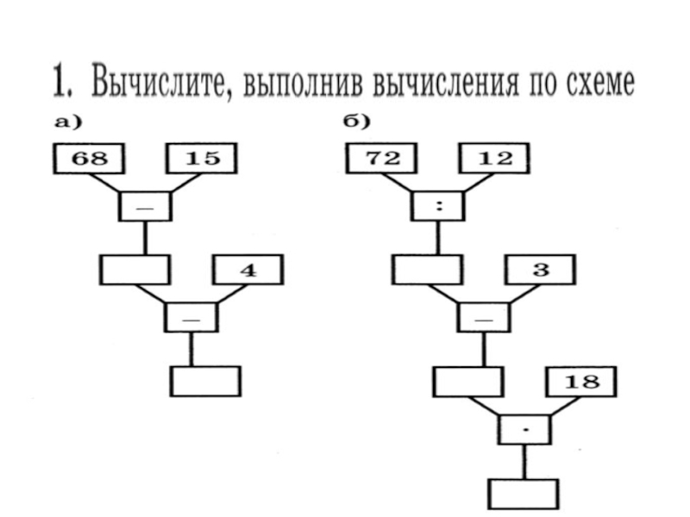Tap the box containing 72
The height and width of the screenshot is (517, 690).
click(380, 159)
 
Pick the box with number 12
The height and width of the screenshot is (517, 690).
click(493, 159)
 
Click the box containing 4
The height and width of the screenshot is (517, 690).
click(248, 270)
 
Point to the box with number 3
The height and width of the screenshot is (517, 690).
click(540, 270)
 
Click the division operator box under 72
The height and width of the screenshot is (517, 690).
click(439, 206)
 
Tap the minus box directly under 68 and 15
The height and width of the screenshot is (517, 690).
click(145, 206)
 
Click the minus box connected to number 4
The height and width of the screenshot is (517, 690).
click(191, 316)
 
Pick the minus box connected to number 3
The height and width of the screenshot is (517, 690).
click(484, 316)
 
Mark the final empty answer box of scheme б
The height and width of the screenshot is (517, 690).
click(524, 493)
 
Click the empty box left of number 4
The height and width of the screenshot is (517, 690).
click(135, 270)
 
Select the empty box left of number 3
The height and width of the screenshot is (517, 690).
click(426, 270)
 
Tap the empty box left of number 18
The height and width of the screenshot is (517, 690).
click(467, 380)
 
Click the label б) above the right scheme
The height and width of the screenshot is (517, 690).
click(356, 121)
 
